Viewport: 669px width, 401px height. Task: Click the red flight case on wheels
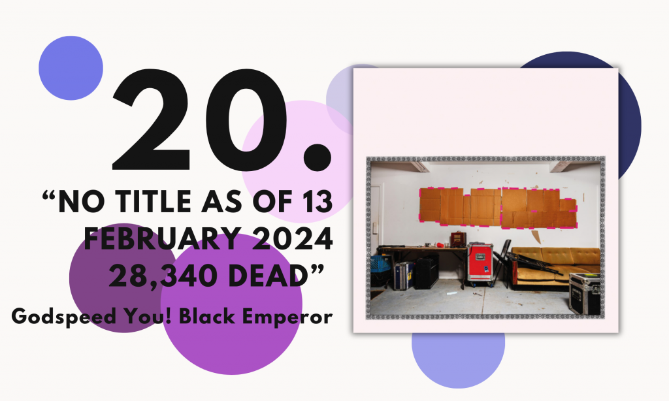pyautogui.click(x=480, y=263)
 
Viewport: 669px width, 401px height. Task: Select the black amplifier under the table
pyautogui.click(x=426, y=272)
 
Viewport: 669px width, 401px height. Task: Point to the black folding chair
pyautogui.click(x=502, y=261)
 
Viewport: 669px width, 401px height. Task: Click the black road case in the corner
pyautogui.click(x=585, y=293)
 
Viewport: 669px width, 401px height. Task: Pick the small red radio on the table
pyautogui.click(x=458, y=239)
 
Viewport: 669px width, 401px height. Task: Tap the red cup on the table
pyautogui.click(x=440, y=246)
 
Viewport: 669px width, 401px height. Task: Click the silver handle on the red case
pyautogui.click(x=480, y=257)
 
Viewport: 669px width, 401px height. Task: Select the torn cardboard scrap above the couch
pyautogui.click(x=536, y=237)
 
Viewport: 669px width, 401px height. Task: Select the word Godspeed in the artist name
pyautogui.click(x=63, y=317)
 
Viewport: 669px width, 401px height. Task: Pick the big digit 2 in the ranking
pyautogui.click(x=152, y=120)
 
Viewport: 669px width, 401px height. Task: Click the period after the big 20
pyautogui.click(x=317, y=157)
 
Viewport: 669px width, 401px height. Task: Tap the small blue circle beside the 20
pyautogui.click(x=71, y=68)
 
